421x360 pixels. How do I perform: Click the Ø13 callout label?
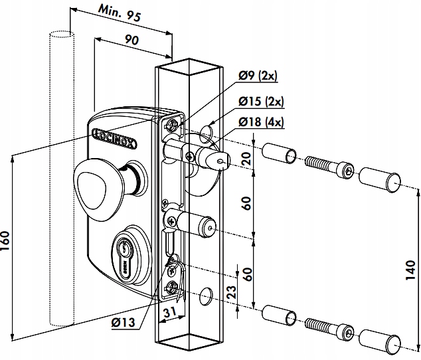pyautogui.click(x=124, y=323)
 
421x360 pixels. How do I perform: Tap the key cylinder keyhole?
pyautogui.click(x=123, y=250)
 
